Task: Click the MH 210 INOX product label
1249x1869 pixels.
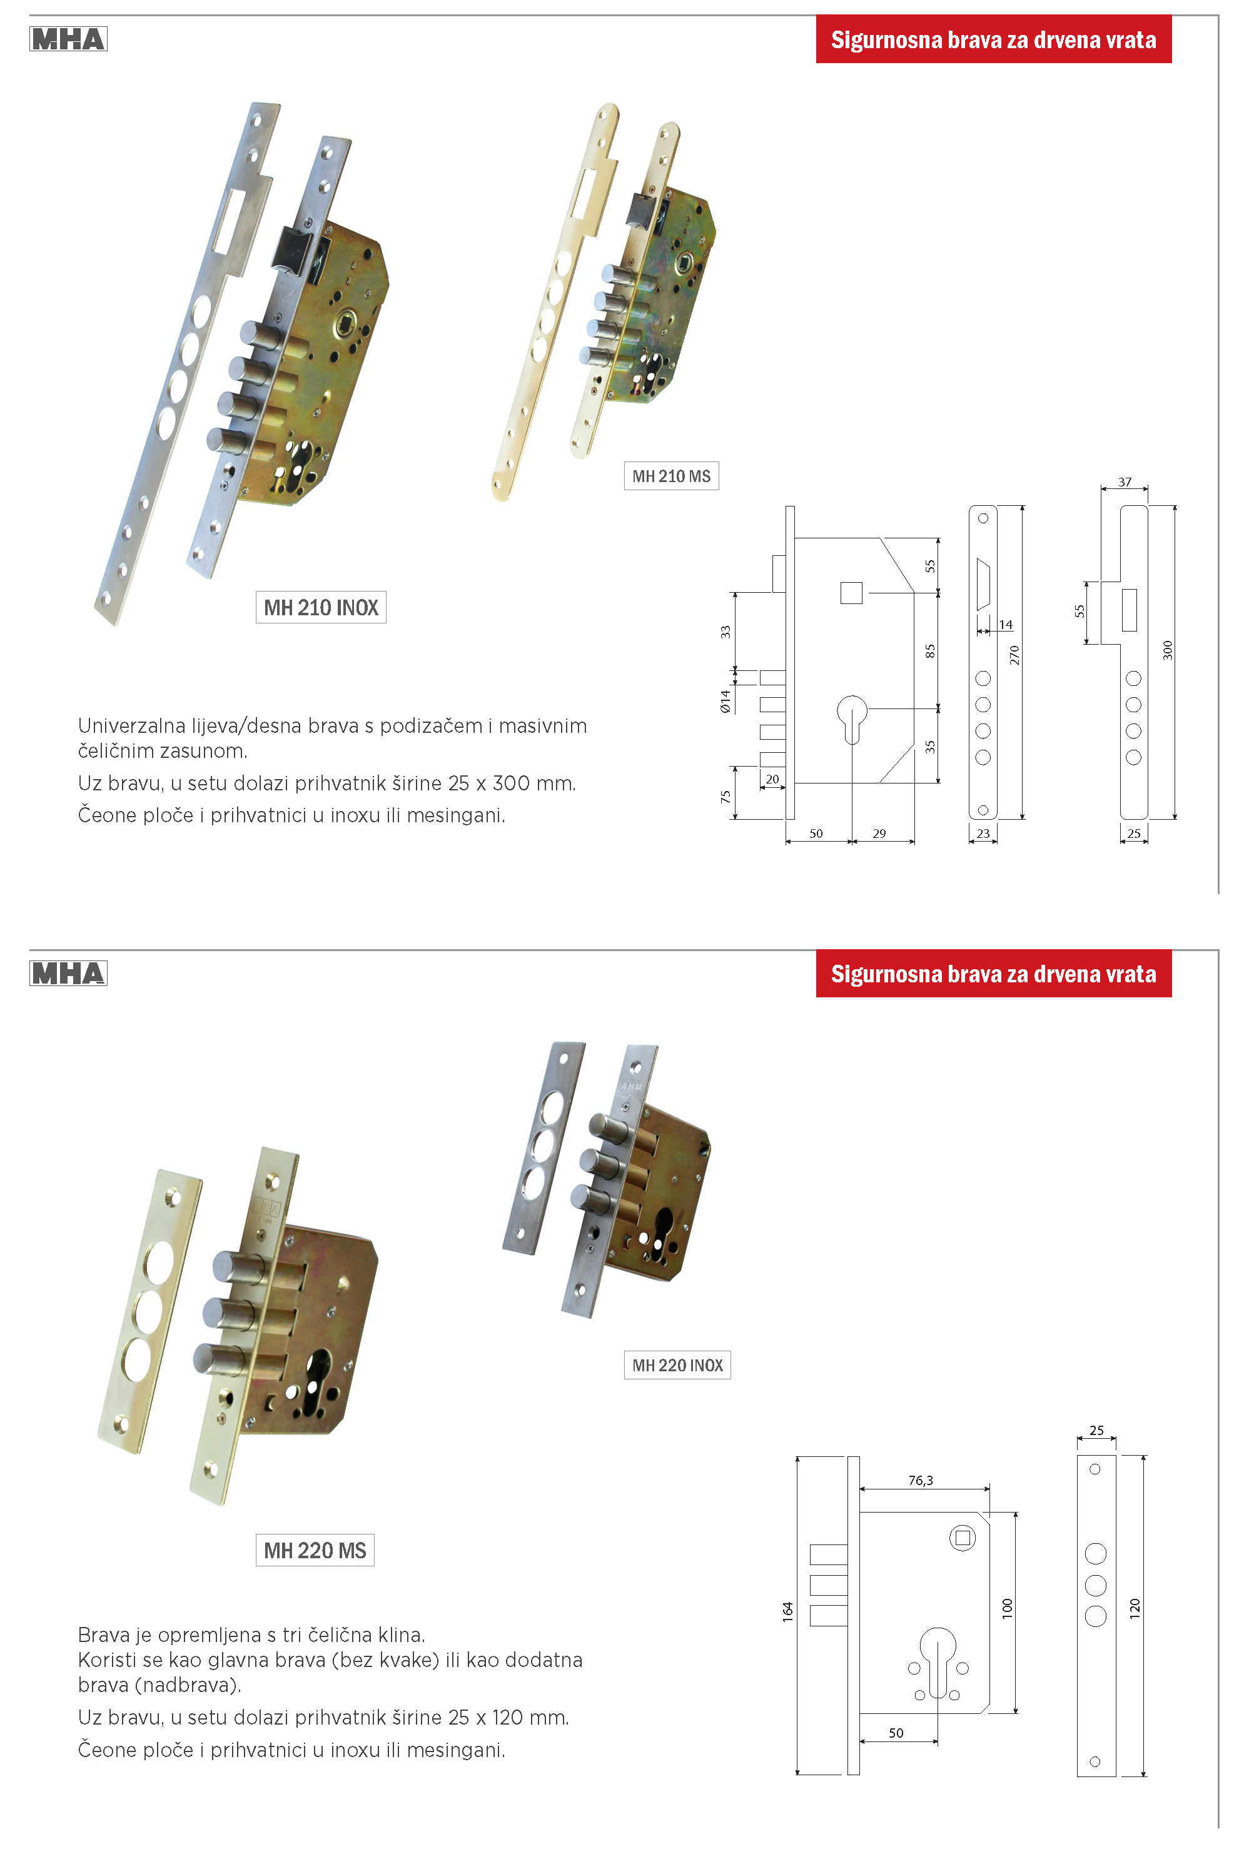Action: click(x=320, y=608)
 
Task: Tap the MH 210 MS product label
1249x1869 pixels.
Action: click(x=670, y=476)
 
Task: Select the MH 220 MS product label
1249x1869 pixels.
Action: click(x=315, y=1551)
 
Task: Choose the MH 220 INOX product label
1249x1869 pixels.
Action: click(x=677, y=1366)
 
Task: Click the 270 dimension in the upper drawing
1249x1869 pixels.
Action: click(x=1014, y=655)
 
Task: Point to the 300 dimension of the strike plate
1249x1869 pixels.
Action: click(x=1168, y=650)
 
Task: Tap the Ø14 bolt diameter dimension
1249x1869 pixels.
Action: click(x=725, y=701)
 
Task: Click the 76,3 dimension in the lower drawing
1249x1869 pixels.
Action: click(x=920, y=1481)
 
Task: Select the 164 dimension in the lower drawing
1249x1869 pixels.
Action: click(x=788, y=1612)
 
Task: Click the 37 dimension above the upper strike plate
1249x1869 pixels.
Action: click(x=1125, y=481)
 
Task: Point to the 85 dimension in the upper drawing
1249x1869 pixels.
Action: click(x=929, y=650)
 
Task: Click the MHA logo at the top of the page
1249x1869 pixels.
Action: click(x=69, y=39)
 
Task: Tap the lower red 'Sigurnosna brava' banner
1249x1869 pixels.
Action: click(x=993, y=974)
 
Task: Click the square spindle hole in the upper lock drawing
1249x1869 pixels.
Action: click(x=851, y=593)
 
